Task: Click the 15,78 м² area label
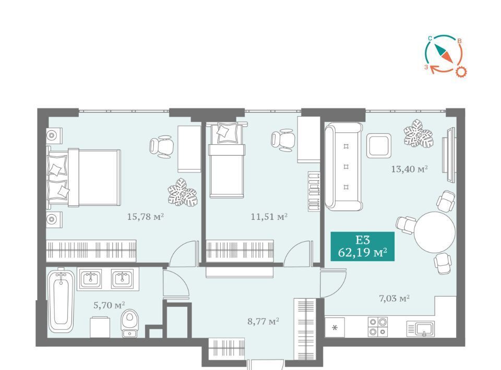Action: pyautogui.click(x=146, y=217)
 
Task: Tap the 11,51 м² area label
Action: pyautogui.click(x=269, y=217)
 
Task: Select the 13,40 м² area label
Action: pyautogui.click(x=410, y=169)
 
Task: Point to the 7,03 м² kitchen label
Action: pyautogui.click(x=395, y=299)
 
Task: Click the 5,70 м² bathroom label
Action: pyautogui.click(x=109, y=305)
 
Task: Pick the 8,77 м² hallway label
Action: pyautogui.click(x=264, y=321)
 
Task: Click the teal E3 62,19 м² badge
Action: pyautogui.click(x=362, y=246)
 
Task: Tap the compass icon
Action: pyautogui.click(x=444, y=55)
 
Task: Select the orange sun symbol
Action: pyautogui.click(x=460, y=72)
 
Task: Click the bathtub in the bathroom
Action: pyautogui.click(x=61, y=300)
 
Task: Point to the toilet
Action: pyautogui.click(x=130, y=323)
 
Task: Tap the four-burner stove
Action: pyautogui.click(x=377, y=327)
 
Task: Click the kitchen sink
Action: pyautogui.click(x=421, y=328)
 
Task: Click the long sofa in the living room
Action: pyautogui.click(x=343, y=167)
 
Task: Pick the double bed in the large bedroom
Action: pyautogui.click(x=83, y=178)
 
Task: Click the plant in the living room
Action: pyautogui.click(x=418, y=133)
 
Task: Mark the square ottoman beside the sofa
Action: pyautogui.click(x=379, y=145)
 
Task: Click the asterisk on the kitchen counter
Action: pyautogui.click(x=335, y=328)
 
